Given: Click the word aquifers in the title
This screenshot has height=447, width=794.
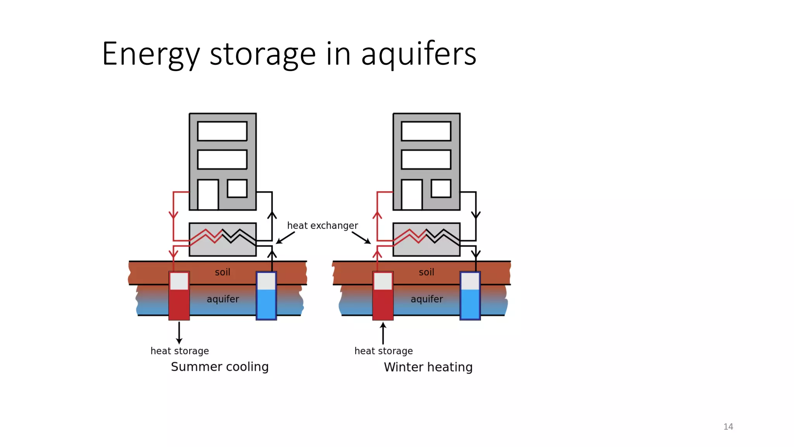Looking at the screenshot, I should [x=418, y=54].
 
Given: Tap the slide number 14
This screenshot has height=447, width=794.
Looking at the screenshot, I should [x=728, y=426].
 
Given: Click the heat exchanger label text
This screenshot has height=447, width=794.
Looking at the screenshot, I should [x=322, y=225].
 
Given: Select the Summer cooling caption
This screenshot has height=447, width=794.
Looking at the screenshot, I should [x=219, y=367].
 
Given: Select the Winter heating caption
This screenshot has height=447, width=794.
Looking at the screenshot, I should [x=428, y=367].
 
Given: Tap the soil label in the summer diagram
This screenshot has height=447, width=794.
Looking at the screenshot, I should [x=223, y=272].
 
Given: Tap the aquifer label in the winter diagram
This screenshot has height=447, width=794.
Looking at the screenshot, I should [x=426, y=299].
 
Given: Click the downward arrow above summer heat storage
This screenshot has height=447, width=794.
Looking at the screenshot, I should [x=179, y=333].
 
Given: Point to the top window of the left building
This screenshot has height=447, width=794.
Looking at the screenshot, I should [x=222, y=131].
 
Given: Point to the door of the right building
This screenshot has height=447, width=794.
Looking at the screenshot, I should [x=412, y=194].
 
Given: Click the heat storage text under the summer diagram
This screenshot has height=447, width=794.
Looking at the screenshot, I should [x=180, y=351].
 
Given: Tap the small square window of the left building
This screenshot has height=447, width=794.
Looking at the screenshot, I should [x=237, y=188].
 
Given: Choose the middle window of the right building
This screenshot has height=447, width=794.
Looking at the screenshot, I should [x=426, y=159].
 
